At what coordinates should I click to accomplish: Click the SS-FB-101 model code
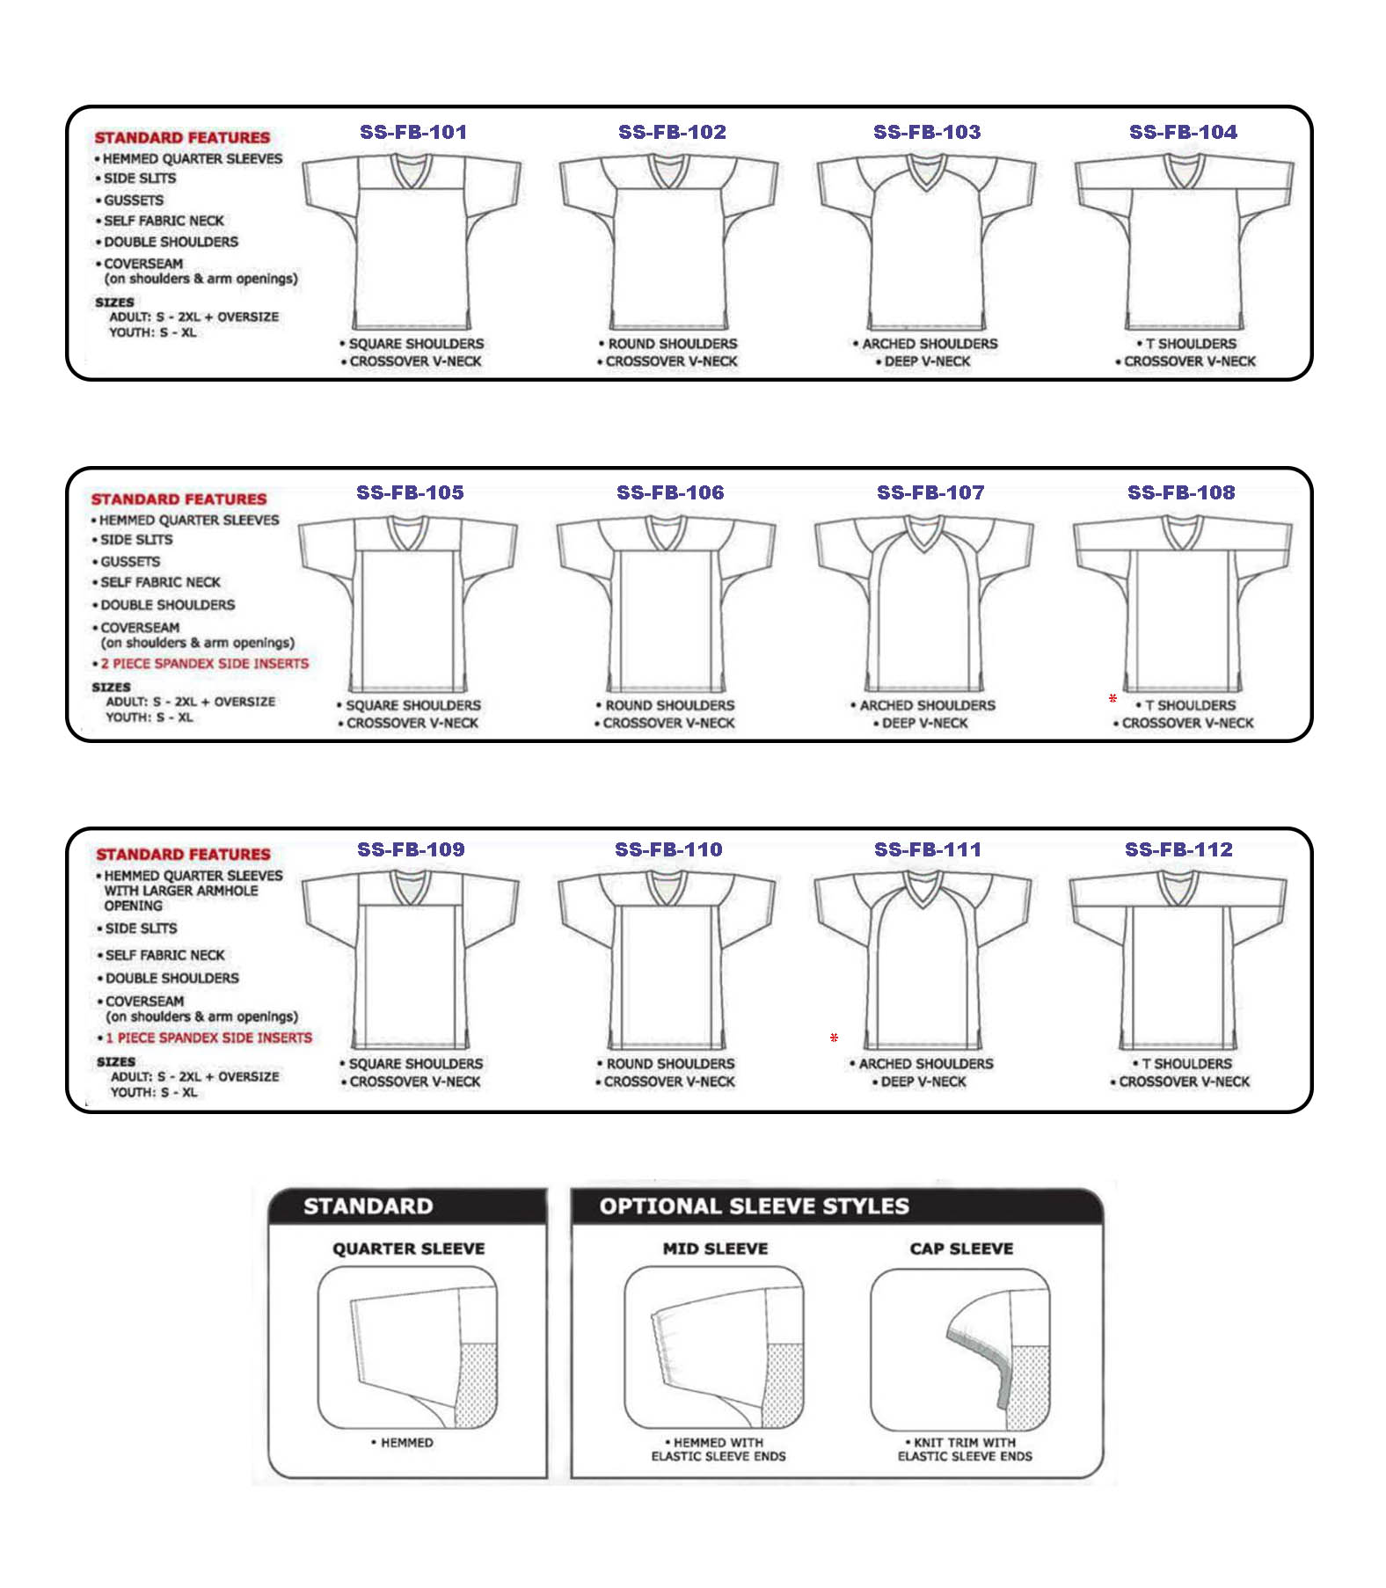pyautogui.click(x=413, y=132)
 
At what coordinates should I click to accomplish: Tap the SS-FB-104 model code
pyautogui.click(x=1183, y=132)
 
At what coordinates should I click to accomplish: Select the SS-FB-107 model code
pyautogui.click(x=930, y=492)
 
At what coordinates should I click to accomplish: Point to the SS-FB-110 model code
pyautogui.click(x=668, y=849)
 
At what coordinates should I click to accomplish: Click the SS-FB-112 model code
pyautogui.click(x=1178, y=849)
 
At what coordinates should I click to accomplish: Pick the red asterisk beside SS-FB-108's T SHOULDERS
pyautogui.click(x=1112, y=699)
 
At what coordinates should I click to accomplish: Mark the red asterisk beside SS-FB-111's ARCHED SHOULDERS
pyautogui.click(x=834, y=1038)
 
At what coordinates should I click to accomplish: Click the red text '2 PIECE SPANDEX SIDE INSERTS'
pyautogui.click(x=205, y=664)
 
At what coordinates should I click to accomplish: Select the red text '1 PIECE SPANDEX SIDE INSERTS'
pyautogui.click(x=209, y=1038)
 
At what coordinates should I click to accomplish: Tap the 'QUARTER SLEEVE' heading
pyautogui.click(x=408, y=1249)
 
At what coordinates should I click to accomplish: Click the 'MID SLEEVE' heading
pyautogui.click(x=715, y=1249)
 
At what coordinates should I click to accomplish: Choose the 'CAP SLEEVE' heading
pyautogui.click(x=961, y=1249)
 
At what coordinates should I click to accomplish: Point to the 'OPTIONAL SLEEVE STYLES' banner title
pyautogui.click(x=754, y=1206)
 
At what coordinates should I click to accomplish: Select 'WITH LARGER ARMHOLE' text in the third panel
pyautogui.click(x=181, y=891)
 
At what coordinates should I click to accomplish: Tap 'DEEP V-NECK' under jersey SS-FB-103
pyautogui.click(x=928, y=361)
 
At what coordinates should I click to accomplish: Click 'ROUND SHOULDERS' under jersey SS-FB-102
pyautogui.click(x=673, y=344)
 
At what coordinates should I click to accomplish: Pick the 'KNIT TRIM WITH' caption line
pyautogui.click(x=965, y=1443)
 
